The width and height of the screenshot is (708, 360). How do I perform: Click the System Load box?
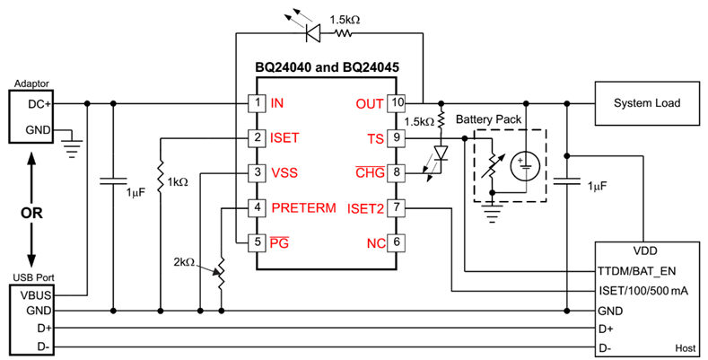point(646,104)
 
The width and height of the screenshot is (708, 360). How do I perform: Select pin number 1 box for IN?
point(258,104)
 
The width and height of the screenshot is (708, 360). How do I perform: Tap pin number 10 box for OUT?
point(397,104)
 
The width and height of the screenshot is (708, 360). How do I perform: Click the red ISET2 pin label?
point(367,208)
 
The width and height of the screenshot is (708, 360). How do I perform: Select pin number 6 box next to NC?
point(397,242)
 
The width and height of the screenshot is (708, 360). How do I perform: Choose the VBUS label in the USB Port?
point(30,294)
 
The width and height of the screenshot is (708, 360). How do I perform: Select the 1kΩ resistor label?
point(177,181)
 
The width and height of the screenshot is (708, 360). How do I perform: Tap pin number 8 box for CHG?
point(397,172)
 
